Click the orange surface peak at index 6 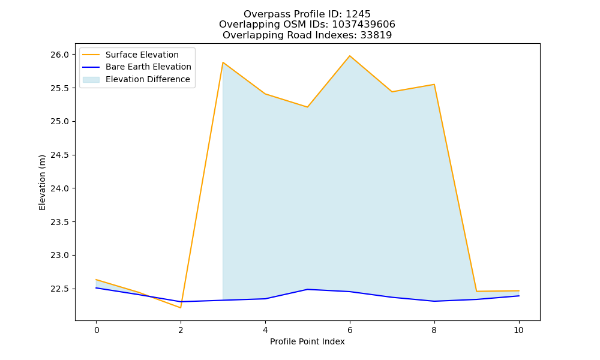click(350, 56)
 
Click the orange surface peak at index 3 click(223, 62)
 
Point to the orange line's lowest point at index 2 click(181, 308)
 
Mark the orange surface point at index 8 click(434, 85)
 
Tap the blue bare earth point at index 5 click(307, 289)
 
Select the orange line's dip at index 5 click(307, 107)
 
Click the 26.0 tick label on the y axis click(59, 55)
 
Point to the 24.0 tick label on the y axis click(59, 188)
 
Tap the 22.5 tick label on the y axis click(59, 289)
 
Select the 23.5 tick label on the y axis click(59, 222)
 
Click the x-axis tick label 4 click(265, 330)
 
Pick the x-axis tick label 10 click(518, 330)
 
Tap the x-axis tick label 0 click(97, 330)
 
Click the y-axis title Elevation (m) click(42, 182)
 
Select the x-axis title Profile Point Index click(307, 341)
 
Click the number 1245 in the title click(358, 14)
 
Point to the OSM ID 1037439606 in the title click(364, 25)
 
